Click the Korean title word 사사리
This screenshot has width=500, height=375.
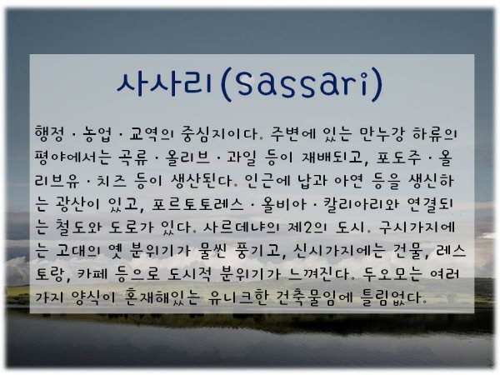(164, 83)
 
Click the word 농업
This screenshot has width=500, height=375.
(97, 134)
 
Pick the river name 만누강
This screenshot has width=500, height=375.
(382, 134)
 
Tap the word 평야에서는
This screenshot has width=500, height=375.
(73, 157)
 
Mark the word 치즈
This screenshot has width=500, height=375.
(112, 181)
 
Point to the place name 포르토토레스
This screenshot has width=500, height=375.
(197, 204)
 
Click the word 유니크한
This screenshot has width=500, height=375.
(237, 297)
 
